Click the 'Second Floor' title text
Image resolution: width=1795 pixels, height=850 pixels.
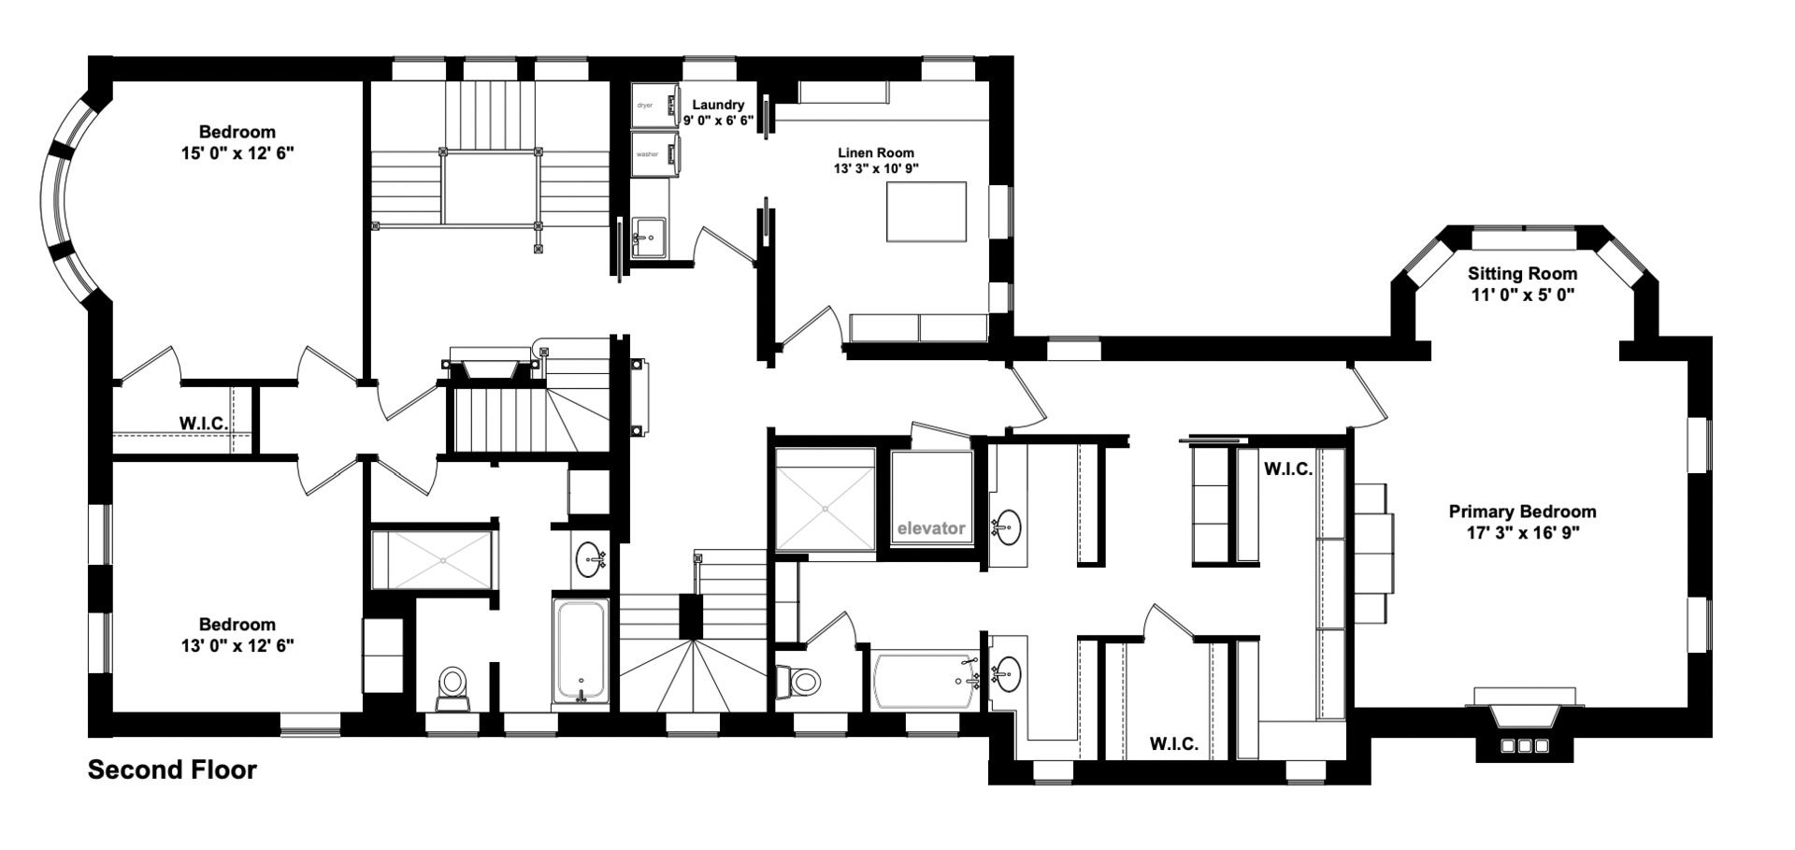(172, 770)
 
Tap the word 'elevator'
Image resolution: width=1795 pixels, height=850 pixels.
(930, 528)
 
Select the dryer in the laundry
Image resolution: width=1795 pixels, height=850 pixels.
(653, 105)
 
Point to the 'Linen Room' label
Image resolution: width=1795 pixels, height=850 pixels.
(875, 152)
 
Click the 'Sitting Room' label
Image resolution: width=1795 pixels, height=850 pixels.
(1522, 274)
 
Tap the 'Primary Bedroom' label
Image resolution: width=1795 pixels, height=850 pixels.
(1522, 511)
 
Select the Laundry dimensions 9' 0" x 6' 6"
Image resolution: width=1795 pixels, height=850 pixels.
(718, 121)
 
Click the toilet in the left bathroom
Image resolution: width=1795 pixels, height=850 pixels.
(452, 685)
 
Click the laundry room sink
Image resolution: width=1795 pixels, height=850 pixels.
(648, 236)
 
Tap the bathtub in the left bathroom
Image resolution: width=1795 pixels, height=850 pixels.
(581, 652)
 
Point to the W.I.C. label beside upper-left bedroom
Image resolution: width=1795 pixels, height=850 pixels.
(204, 424)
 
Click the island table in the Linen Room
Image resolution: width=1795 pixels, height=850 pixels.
(926, 211)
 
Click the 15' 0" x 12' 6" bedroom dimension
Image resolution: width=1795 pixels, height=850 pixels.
(237, 152)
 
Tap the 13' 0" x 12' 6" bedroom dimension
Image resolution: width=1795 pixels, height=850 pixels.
(237, 645)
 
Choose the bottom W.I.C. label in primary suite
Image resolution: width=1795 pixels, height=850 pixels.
(1173, 744)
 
